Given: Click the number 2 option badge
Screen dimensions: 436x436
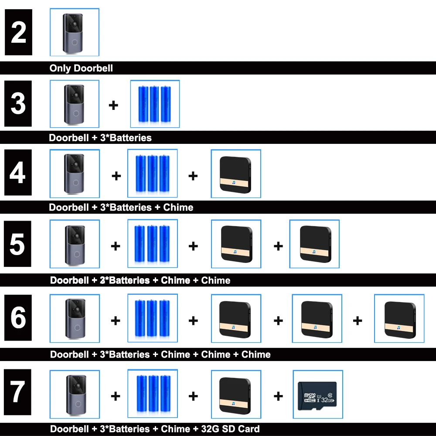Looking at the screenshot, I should point(18,32).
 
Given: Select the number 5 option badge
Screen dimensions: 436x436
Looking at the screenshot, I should point(18,244).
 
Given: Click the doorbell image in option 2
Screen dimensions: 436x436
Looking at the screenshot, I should point(74,32).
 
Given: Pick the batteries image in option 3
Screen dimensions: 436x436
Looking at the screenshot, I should point(155,104).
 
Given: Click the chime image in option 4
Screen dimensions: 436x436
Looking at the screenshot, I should point(236,174).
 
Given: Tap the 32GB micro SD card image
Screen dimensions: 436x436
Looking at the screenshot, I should point(318,395).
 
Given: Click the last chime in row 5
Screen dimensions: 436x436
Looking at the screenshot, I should point(314,244).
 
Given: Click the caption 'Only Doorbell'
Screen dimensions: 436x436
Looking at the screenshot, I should point(81,68).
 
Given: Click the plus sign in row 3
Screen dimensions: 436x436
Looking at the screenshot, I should point(113,105).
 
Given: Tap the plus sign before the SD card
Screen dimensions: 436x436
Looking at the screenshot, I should point(278,396).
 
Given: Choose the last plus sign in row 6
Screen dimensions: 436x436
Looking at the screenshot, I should point(358,321).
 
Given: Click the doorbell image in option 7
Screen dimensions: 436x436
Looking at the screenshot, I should point(75,394).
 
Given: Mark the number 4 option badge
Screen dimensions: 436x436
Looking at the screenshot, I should point(18,173).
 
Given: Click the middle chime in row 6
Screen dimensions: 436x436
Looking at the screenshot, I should point(317,319).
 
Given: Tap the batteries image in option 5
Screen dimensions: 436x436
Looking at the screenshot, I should point(153,244).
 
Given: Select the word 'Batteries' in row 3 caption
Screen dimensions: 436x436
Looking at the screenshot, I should point(130,138).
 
